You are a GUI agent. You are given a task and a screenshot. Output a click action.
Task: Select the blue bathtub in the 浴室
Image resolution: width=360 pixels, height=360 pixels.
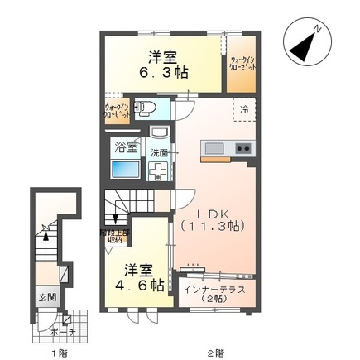click(127, 170)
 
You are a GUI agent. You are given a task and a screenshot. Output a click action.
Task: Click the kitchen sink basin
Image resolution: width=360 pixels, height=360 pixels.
click(214, 148)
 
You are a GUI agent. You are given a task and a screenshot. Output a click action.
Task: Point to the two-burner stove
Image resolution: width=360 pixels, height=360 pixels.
click(243, 148)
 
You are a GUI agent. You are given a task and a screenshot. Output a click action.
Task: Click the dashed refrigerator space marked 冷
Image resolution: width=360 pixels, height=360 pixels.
click(245, 109)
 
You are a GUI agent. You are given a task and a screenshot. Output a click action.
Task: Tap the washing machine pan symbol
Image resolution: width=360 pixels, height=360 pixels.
click(158, 170)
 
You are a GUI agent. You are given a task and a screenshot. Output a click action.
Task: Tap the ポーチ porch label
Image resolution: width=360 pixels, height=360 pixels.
click(56, 332)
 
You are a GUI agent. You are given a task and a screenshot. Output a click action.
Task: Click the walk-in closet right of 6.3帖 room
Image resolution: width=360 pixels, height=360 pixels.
click(241, 64)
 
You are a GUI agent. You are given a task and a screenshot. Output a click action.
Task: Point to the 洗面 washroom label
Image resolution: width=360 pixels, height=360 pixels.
click(159, 152)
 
